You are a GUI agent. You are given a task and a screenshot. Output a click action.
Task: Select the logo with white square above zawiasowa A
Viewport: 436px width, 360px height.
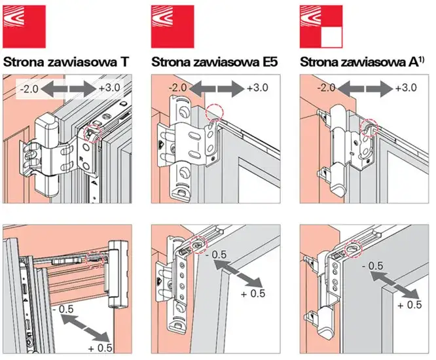[x=321, y=25]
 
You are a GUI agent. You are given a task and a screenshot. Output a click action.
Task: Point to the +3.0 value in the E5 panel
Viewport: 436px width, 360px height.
[x=257, y=88]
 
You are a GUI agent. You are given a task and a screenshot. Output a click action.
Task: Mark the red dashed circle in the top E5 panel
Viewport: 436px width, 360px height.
[x=215, y=112]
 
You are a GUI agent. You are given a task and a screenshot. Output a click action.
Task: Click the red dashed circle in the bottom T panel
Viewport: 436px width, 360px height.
[x=97, y=259]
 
